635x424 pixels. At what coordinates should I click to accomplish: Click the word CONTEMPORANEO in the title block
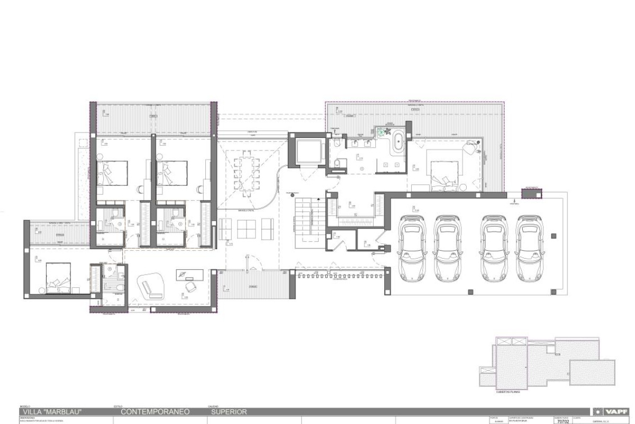coord(150,411)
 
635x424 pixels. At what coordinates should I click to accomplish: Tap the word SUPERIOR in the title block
coord(229,411)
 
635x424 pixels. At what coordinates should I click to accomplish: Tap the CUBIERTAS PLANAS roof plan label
coord(507,390)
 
